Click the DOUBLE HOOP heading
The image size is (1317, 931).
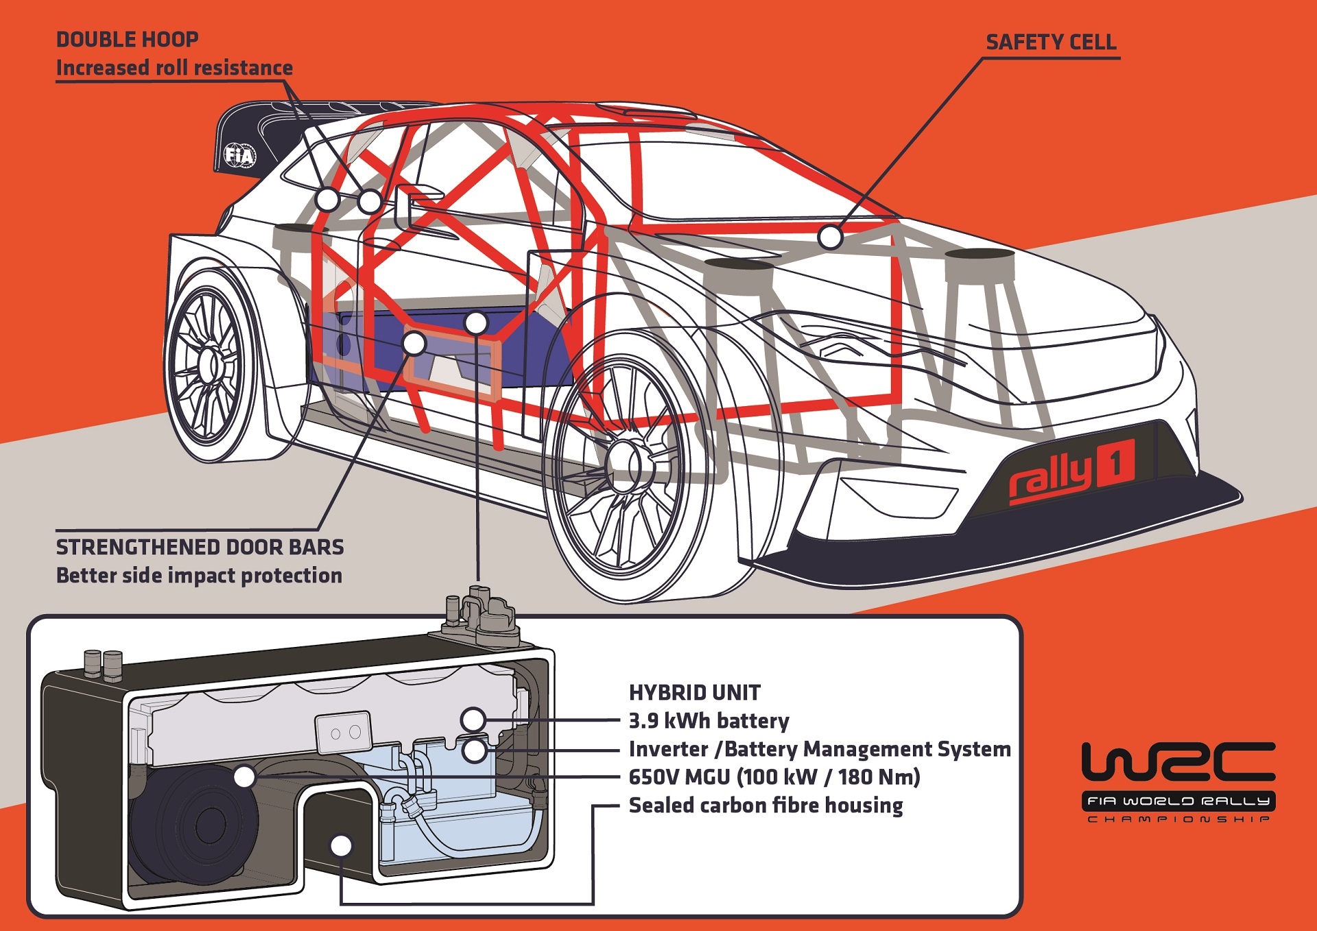click(128, 40)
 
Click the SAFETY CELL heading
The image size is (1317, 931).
click(1051, 43)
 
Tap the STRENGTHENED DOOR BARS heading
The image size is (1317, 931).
click(200, 547)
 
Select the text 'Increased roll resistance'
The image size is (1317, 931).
click(174, 68)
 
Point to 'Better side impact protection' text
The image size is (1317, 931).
click(199, 576)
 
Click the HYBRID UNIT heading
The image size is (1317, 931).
click(694, 693)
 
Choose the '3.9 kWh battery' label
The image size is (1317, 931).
click(709, 721)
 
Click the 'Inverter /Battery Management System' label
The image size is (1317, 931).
click(820, 749)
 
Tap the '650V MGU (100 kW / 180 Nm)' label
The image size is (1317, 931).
click(774, 777)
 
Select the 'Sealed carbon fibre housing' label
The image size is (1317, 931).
click(766, 805)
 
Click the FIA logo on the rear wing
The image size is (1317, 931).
click(240, 156)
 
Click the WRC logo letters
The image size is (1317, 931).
click(1178, 762)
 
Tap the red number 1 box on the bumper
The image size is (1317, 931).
click(1116, 464)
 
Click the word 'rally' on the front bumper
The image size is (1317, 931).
click(1049, 478)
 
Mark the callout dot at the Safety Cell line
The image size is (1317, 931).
click(830, 237)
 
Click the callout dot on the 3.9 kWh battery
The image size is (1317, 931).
click(473, 720)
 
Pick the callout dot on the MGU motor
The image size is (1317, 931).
click(245, 777)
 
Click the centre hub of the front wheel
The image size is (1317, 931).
click(622, 467)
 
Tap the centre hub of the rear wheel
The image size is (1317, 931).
click(209, 364)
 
